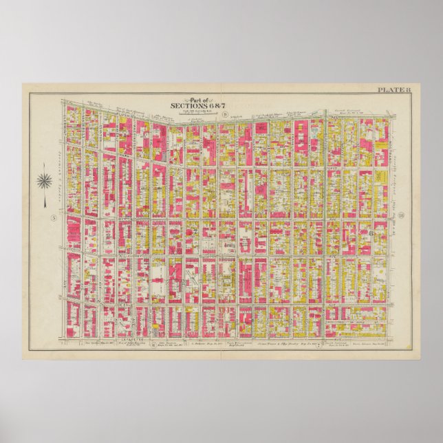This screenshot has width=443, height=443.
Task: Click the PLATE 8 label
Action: (394, 89)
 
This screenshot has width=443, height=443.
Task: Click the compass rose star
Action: (45, 182)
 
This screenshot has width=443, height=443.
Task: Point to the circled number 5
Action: (52, 219)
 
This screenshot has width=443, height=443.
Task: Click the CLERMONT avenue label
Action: (69, 124)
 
